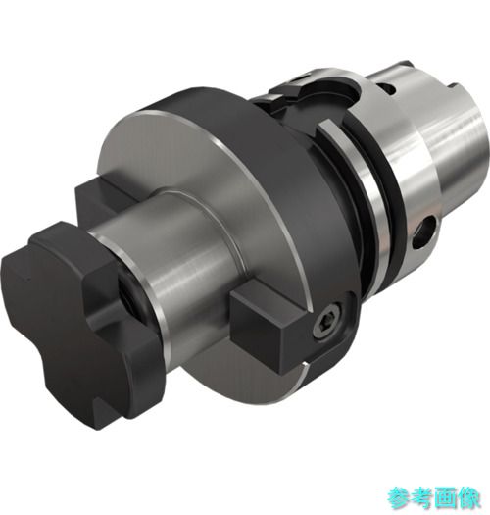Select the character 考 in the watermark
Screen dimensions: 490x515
click(421, 497)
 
